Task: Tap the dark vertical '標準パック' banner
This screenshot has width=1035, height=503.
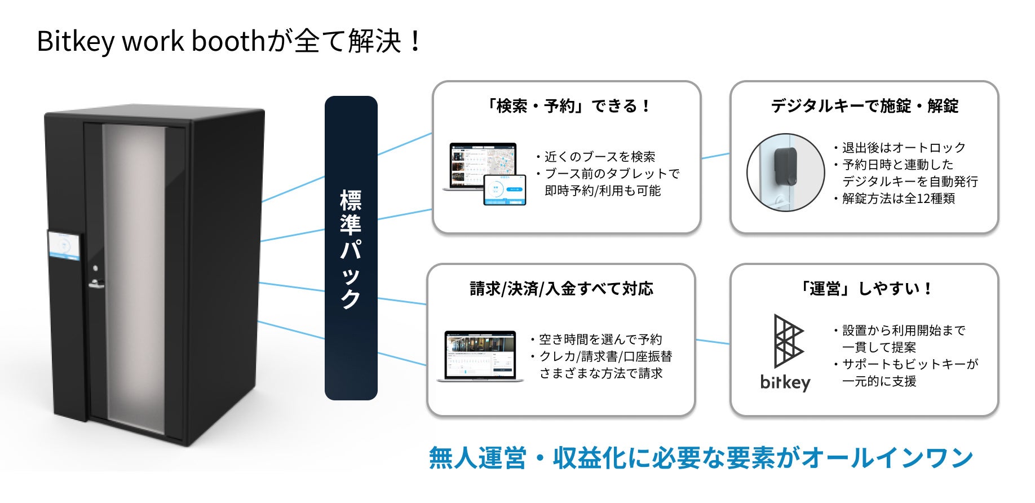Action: tap(351, 248)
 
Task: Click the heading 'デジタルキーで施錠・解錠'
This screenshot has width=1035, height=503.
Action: tap(864, 106)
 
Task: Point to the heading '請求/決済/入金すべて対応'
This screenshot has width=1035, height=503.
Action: tap(561, 289)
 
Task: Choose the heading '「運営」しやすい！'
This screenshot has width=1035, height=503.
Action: tap(864, 289)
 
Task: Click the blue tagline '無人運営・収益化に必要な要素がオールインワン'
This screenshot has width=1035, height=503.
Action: tap(701, 457)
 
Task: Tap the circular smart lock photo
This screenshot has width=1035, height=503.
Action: tap(785, 173)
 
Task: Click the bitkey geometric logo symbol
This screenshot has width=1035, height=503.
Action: tap(788, 341)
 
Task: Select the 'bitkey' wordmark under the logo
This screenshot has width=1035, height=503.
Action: tap(785, 382)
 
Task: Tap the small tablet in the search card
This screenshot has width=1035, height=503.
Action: tap(505, 189)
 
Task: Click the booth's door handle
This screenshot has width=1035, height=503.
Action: tap(96, 285)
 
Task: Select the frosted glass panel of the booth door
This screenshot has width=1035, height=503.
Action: tap(135, 276)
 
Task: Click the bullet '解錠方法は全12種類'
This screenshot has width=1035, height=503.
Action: tap(898, 198)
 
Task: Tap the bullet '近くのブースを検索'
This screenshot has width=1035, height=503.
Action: tap(600, 157)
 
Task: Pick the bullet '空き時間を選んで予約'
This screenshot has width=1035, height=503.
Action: tap(600, 339)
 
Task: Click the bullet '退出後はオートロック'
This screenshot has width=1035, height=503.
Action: tap(904, 148)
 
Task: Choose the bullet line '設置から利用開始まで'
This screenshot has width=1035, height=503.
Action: tap(904, 330)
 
